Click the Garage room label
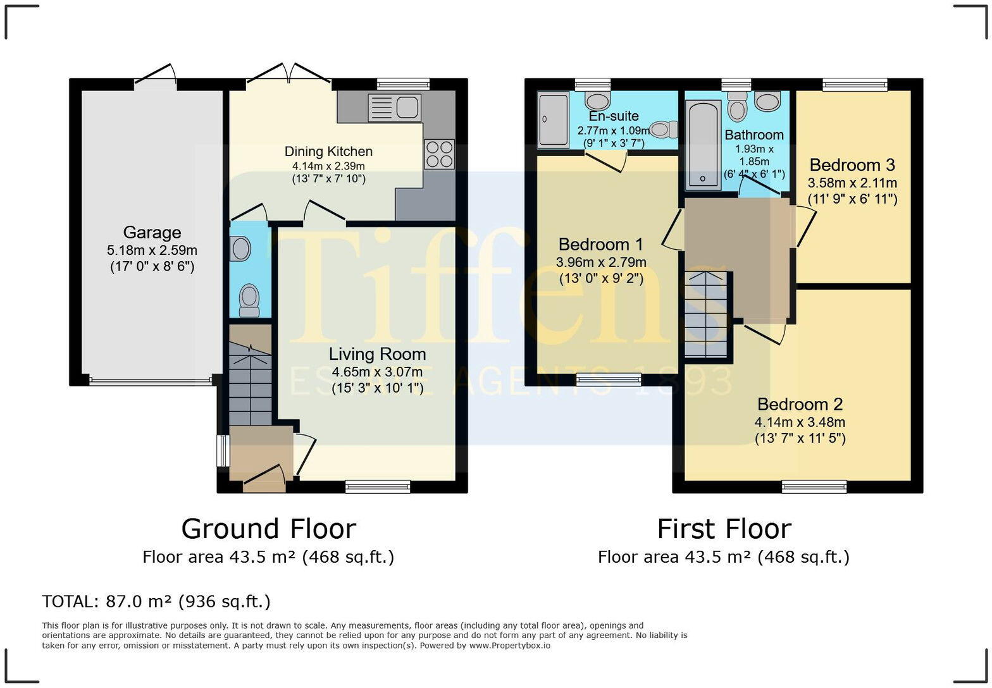click(x=152, y=233)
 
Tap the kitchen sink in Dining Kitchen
click(x=394, y=107)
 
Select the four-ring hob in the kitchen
click(x=439, y=154)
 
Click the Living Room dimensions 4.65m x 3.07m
click(x=377, y=372)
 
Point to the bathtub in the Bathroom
click(x=704, y=144)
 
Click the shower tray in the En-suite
click(x=553, y=120)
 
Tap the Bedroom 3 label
click(x=853, y=165)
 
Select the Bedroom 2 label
click(x=800, y=404)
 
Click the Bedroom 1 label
click(x=600, y=244)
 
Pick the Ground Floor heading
click(x=269, y=529)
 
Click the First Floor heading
click(x=724, y=529)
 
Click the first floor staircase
click(x=706, y=314)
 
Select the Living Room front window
click(x=378, y=487)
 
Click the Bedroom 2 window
click(x=814, y=487)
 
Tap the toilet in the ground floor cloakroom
click(x=249, y=300)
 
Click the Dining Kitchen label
click(x=328, y=151)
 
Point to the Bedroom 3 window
click(x=855, y=85)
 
